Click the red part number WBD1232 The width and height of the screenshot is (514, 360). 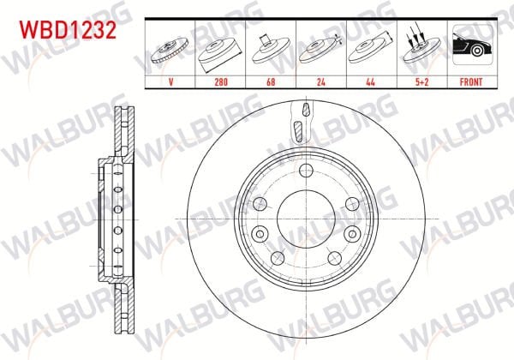[x=68, y=30]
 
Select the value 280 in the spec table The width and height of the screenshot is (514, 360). [x=221, y=81]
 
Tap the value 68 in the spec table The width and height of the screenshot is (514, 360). [x=271, y=81]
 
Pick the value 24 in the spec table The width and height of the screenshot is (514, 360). [x=321, y=81]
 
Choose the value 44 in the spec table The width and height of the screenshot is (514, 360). [x=370, y=81]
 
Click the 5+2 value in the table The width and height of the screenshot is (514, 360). [x=421, y=81]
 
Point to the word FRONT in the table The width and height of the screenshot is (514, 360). [x=471, y=81]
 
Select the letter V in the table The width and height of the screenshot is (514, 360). [x=170, y=81]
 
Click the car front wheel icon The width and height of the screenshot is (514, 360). [x=472, y=45]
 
